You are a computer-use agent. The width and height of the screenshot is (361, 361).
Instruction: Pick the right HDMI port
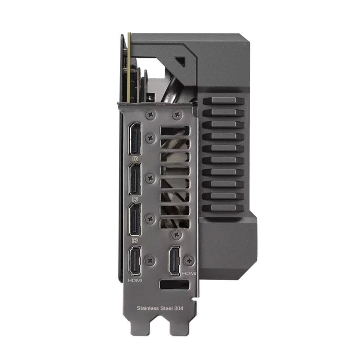click(x=176, y=260)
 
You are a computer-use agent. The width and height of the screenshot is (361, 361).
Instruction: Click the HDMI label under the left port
click(x=135, y=280)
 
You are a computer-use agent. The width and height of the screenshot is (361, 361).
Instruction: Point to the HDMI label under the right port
click(x=190, y=274)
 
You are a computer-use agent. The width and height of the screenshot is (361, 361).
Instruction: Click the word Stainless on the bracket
click(x=148, y=308)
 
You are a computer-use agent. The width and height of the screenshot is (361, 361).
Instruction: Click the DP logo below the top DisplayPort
click(x=136, y=158)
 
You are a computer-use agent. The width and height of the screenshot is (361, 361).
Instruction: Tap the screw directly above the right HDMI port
click(x=176, y=235)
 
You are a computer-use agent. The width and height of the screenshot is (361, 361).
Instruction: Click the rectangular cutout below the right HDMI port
click(x=174, y=284)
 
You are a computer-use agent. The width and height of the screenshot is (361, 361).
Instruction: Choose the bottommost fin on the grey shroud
click(x=224, y=208)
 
